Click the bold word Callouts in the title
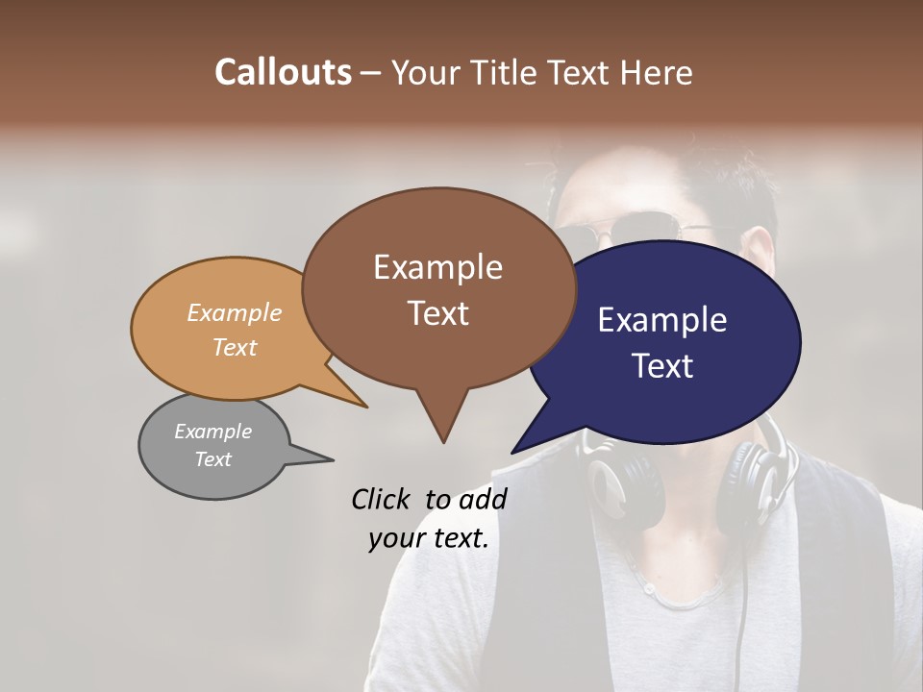(x=283, y=72)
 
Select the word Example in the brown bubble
(x=437, y=267)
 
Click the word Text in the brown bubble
(x=437, y=313)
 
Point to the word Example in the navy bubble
(x=662, y=320)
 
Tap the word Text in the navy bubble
(x=662, y=366)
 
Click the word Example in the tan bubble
(x=235, y=312)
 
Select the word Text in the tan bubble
(x=235, y=347)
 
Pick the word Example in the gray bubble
(x=212, y=432)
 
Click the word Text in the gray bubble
(x=212, y=459)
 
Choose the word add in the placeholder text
(x=483, y=499)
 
